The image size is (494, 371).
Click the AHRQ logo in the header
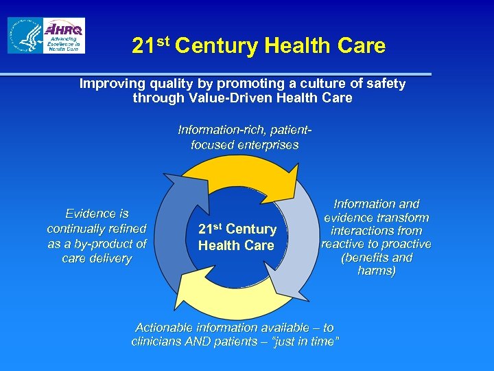tap(64, 35)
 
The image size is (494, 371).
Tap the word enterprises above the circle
tap(268, 145)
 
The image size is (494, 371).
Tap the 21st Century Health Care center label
tap(237, 237)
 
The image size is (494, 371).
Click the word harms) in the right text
tap(376, 271)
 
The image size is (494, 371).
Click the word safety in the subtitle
tap(384, 84)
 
